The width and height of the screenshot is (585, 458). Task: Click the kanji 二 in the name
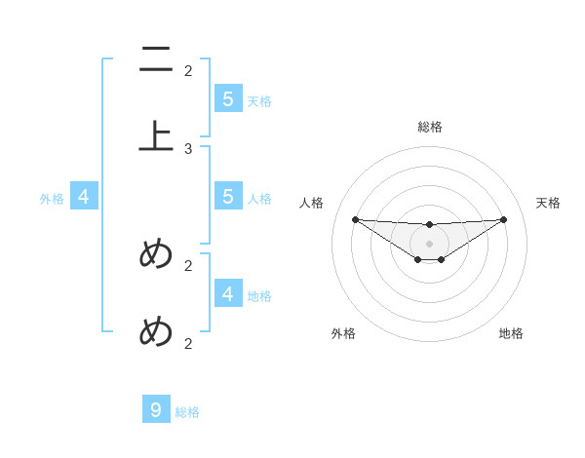pyautogui.click(x=156, y=60)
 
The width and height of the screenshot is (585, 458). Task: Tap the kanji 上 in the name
pyautogui.click(x=156, y=135)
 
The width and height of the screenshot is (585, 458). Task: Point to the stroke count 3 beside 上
pyautogui.click(x=188, y=148)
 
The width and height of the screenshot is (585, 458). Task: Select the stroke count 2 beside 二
pyautogui.click(x=188, y=70)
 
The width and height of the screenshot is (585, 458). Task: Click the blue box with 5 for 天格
pyautogui.click(x=227, y=98)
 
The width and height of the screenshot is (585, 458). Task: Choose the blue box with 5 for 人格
pyautogui.click(x=227, y=196)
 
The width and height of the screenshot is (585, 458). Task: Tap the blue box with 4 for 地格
pyautogui.click(x=227, y=293)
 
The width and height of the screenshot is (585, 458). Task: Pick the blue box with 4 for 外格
pyautogui.click(x=83, y=197)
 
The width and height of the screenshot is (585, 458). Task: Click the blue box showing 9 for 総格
pyautogui.click(x=156, y=410)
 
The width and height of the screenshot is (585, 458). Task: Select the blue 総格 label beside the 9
pyautogui.click(x=187, y=412)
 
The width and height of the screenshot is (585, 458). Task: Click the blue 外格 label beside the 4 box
pyautogui.click(x=52, y=199)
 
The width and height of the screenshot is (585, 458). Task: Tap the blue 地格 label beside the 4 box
pyautogui.click(x=259, y=296)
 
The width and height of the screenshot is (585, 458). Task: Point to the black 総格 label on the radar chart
pyautogui.click(x=430, y=127)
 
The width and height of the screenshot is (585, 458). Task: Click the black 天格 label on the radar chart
pyautogui.click(x=549, y=203)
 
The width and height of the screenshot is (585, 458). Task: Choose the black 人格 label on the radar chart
pyautogui.click(x=312, y=203)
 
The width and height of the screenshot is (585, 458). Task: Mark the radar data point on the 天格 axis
pyautogui.click(x=504, y=219)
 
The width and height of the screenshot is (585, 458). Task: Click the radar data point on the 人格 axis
pyautogui.click(x=355, y=219)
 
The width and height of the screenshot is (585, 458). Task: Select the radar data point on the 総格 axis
pyautogui.click(x=430, y=225)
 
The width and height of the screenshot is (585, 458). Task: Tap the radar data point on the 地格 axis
pyautogui.click(x=442, y=259)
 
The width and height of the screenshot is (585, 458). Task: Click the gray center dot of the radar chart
pyautogui.click(x=430, y=244)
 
